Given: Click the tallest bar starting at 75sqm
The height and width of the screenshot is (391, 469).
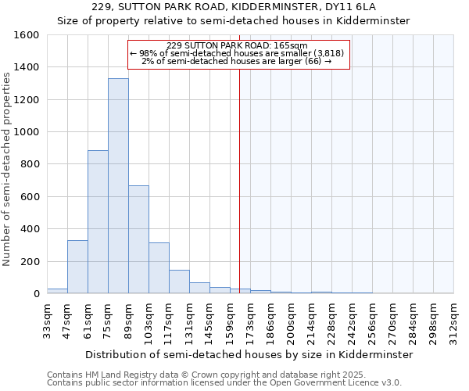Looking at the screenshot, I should [118, 186].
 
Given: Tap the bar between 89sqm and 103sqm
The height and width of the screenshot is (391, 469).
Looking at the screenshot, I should [138, 239].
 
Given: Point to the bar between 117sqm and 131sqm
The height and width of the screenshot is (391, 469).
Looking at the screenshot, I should [179, 282].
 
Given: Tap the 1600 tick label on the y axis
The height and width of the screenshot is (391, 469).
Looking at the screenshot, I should [27, 35].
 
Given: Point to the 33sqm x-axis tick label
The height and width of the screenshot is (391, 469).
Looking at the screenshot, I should [47, 318].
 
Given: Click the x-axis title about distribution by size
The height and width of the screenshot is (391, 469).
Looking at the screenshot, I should [249, 354].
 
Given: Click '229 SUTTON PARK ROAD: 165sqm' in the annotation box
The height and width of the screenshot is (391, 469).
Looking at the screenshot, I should [238, 45].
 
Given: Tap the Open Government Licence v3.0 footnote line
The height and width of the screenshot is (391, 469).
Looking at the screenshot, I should [224, 383].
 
